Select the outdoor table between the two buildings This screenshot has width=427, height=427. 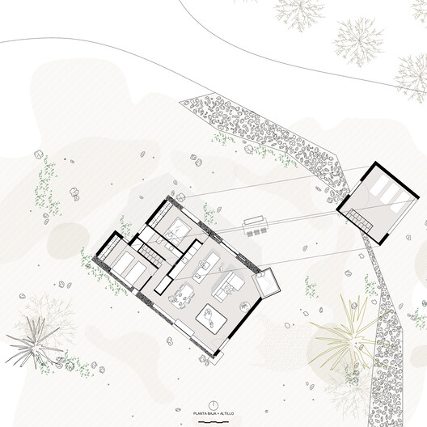point(255,224)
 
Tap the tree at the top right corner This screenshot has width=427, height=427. point(357,36)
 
